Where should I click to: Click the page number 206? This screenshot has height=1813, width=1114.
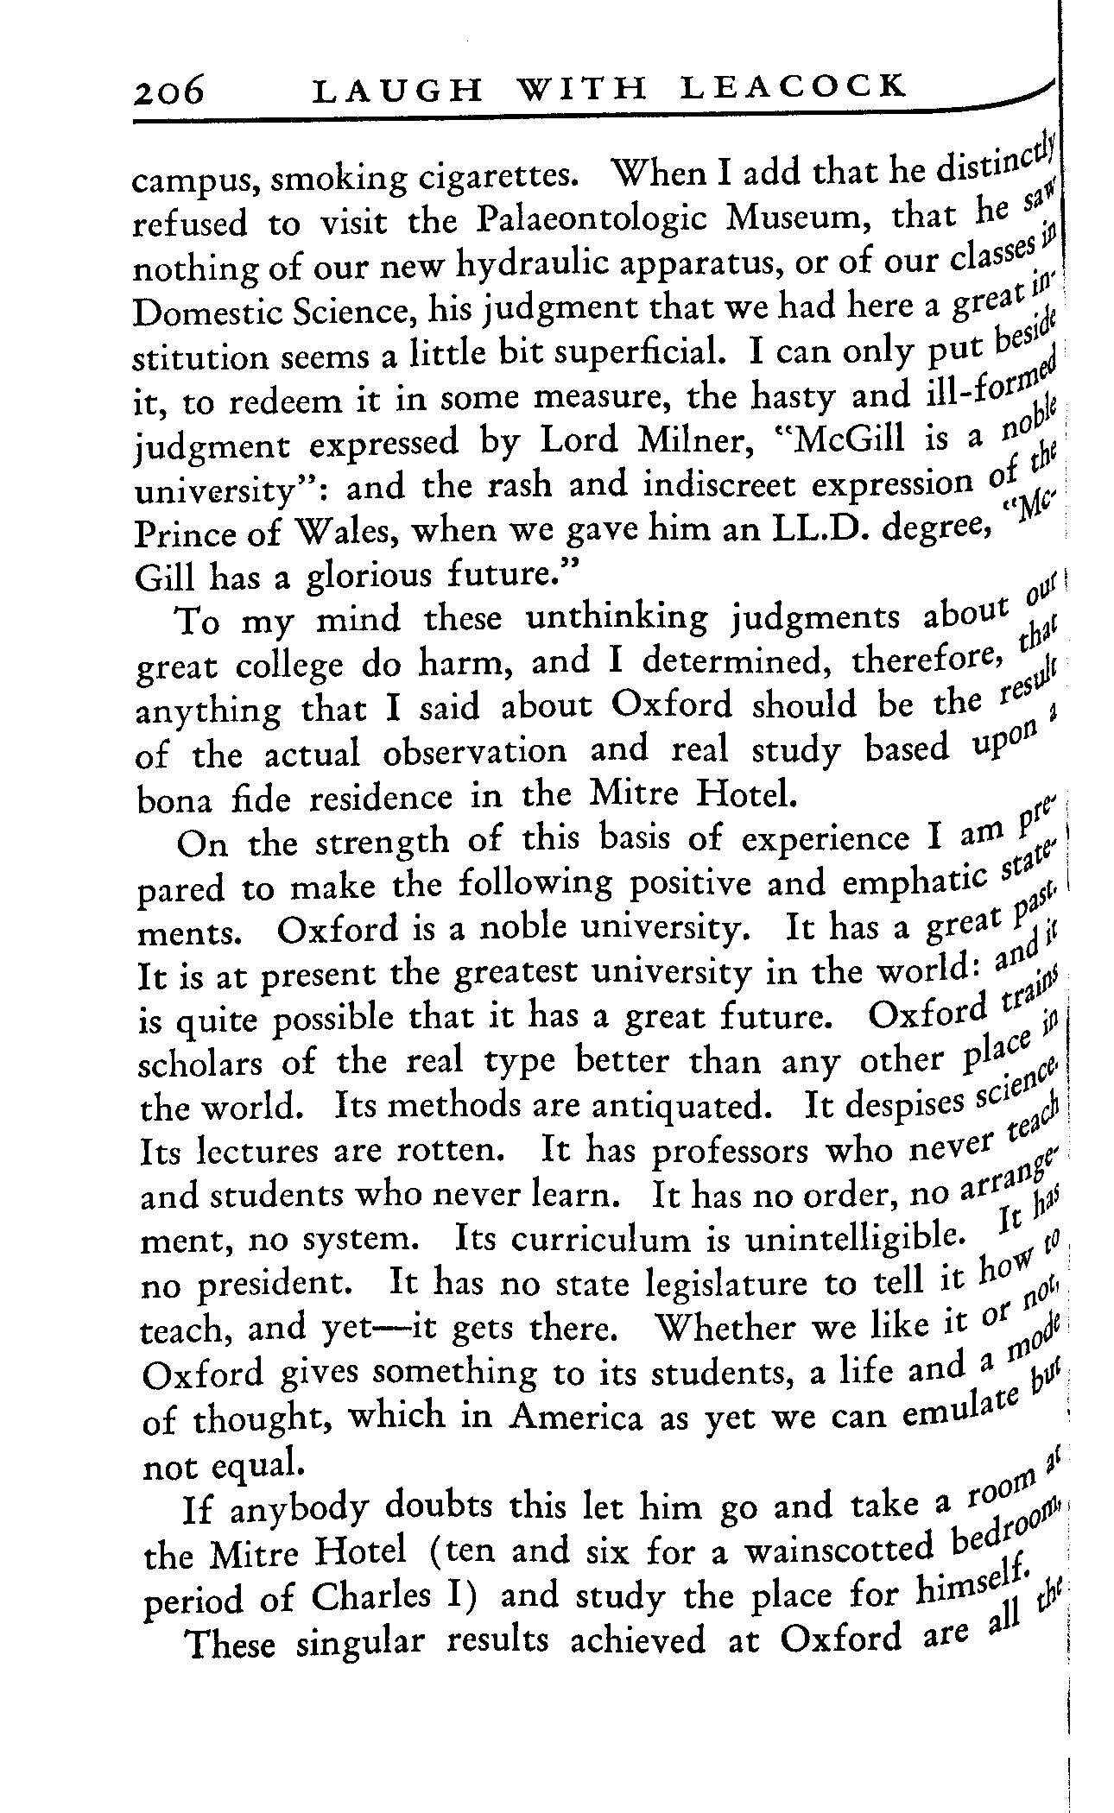(x=169, y=90)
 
